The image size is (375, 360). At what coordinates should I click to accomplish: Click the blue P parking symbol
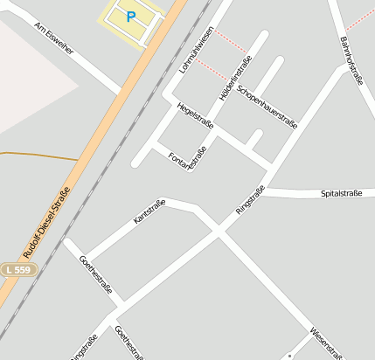132,17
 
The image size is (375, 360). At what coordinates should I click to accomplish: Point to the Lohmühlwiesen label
195,49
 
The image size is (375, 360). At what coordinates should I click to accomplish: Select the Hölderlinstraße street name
235,78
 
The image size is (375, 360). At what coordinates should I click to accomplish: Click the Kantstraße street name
149,212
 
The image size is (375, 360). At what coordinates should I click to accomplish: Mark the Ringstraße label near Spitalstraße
250,201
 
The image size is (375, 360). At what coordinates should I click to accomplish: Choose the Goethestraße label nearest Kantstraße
95,274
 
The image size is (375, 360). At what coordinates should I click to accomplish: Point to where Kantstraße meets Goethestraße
84,260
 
